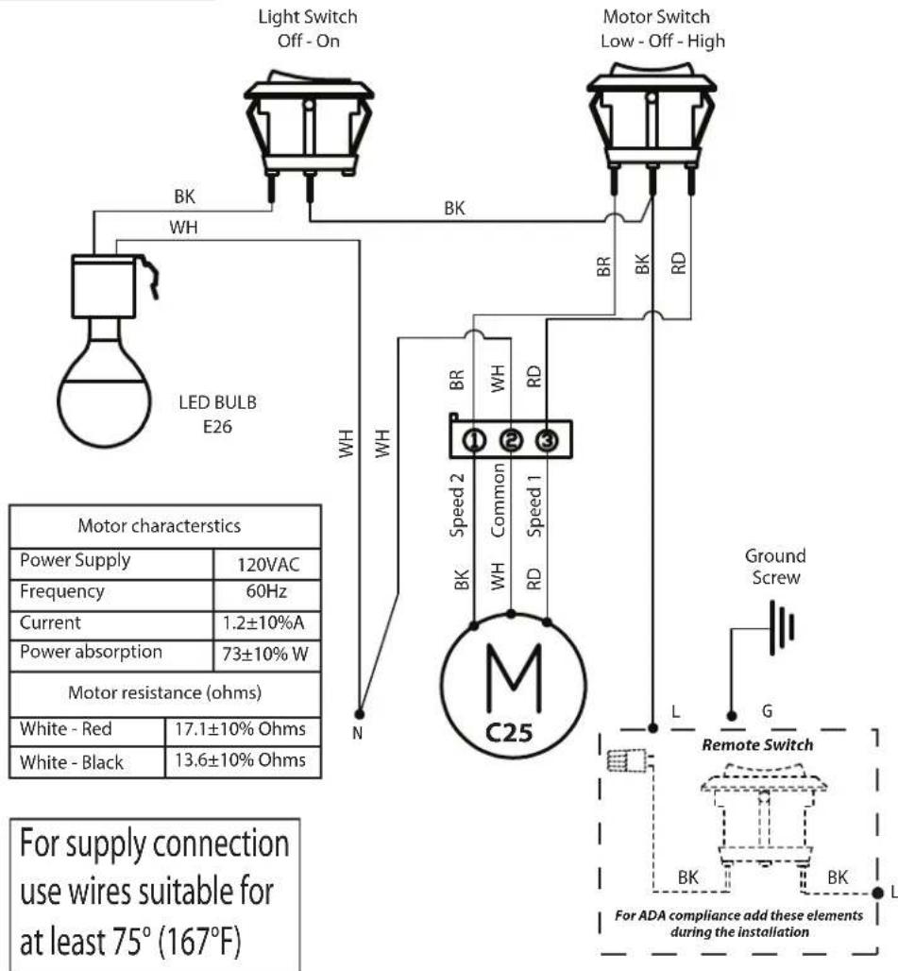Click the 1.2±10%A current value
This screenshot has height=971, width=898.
click(x=266, y=623)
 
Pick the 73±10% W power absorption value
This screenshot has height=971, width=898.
click(x=266, y=654)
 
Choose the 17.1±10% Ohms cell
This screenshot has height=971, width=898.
click(x=241, y=730)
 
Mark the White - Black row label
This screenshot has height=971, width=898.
click(x=72, y=761)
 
